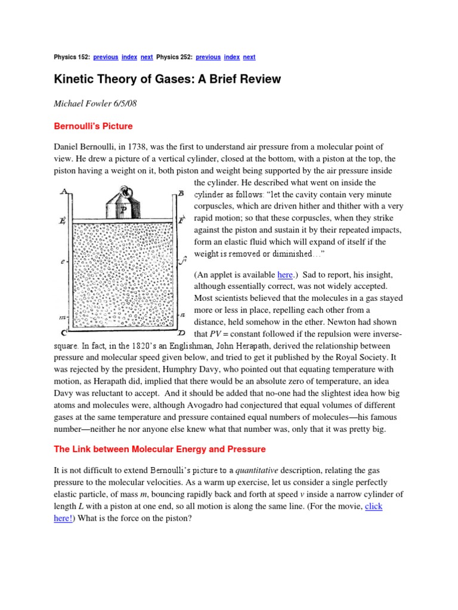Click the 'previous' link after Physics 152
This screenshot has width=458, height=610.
pyautogui.click(x=105, y=57)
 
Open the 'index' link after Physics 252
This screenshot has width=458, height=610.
pyautogui.click(x=232, y=57)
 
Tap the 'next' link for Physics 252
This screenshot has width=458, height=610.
pyautogui.click(x=249, y=57)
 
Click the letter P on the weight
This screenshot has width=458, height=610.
pyautogui.click(x=123, y=208)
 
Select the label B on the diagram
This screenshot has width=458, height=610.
pyautogui.click(x=181, y=194)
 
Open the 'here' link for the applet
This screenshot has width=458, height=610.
pyautogui.click(x=286, y=274)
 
